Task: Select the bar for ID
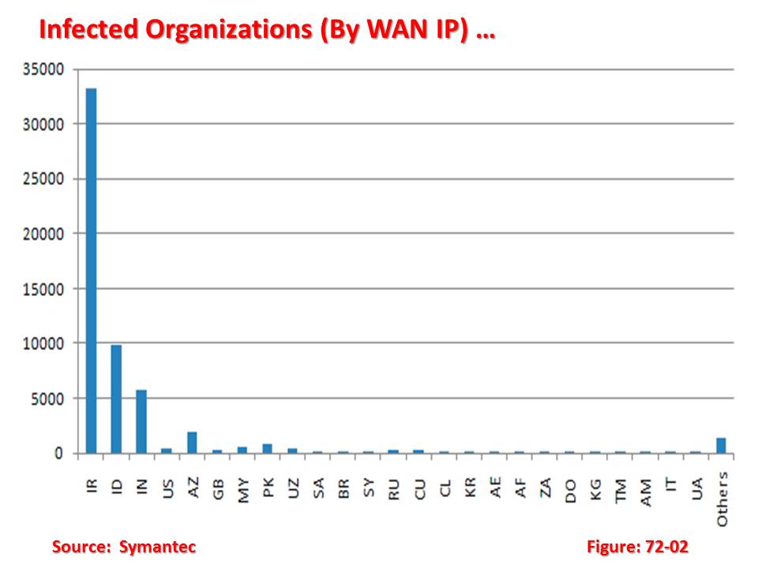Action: pyautogui.click(x=117, y=398)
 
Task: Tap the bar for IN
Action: pyautogui.click(x=141, y=421)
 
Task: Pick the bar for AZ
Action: pyautogui.click(x=192, y=443)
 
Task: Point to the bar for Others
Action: pyautogui.click(x=721, y=446)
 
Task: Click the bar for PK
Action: pyautogui.click(x=268, y=448)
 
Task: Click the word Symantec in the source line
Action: pyautogui.click(x=157, y=547)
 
